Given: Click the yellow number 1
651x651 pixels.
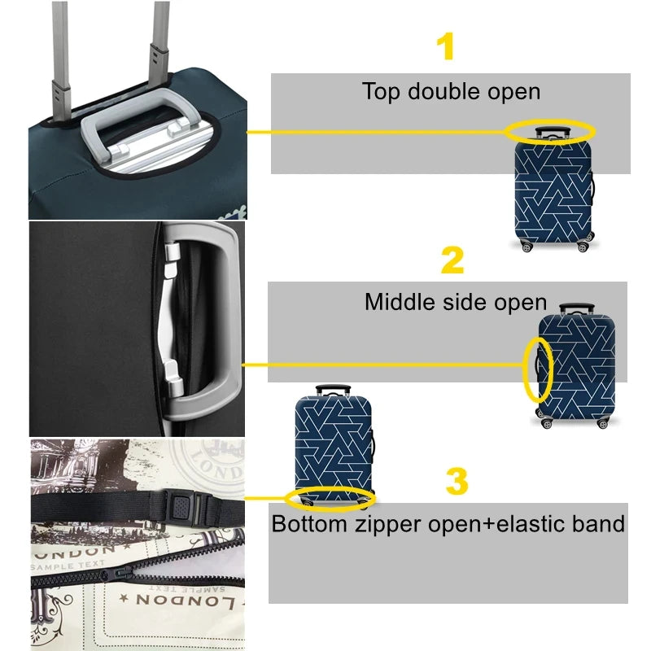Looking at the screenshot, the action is click(445, 46).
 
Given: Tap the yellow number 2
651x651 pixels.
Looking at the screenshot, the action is click(452, 260).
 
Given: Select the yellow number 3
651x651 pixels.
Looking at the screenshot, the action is click(457, 481).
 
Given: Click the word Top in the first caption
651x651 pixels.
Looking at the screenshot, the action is click(380, 92).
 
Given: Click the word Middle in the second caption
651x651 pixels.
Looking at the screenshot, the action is click(400, 302).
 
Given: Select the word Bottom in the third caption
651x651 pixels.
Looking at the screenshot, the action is click(309, 523).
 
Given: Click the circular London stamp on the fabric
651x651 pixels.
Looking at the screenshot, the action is click(210, 469).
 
